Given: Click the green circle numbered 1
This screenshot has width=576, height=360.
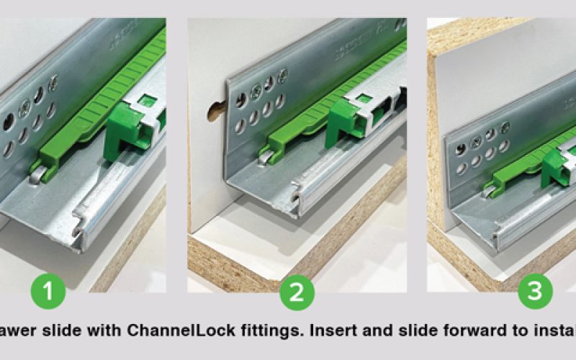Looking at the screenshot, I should click(x=48, y=292).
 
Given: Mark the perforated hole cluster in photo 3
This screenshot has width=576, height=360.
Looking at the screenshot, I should click(x=479, y=151).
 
